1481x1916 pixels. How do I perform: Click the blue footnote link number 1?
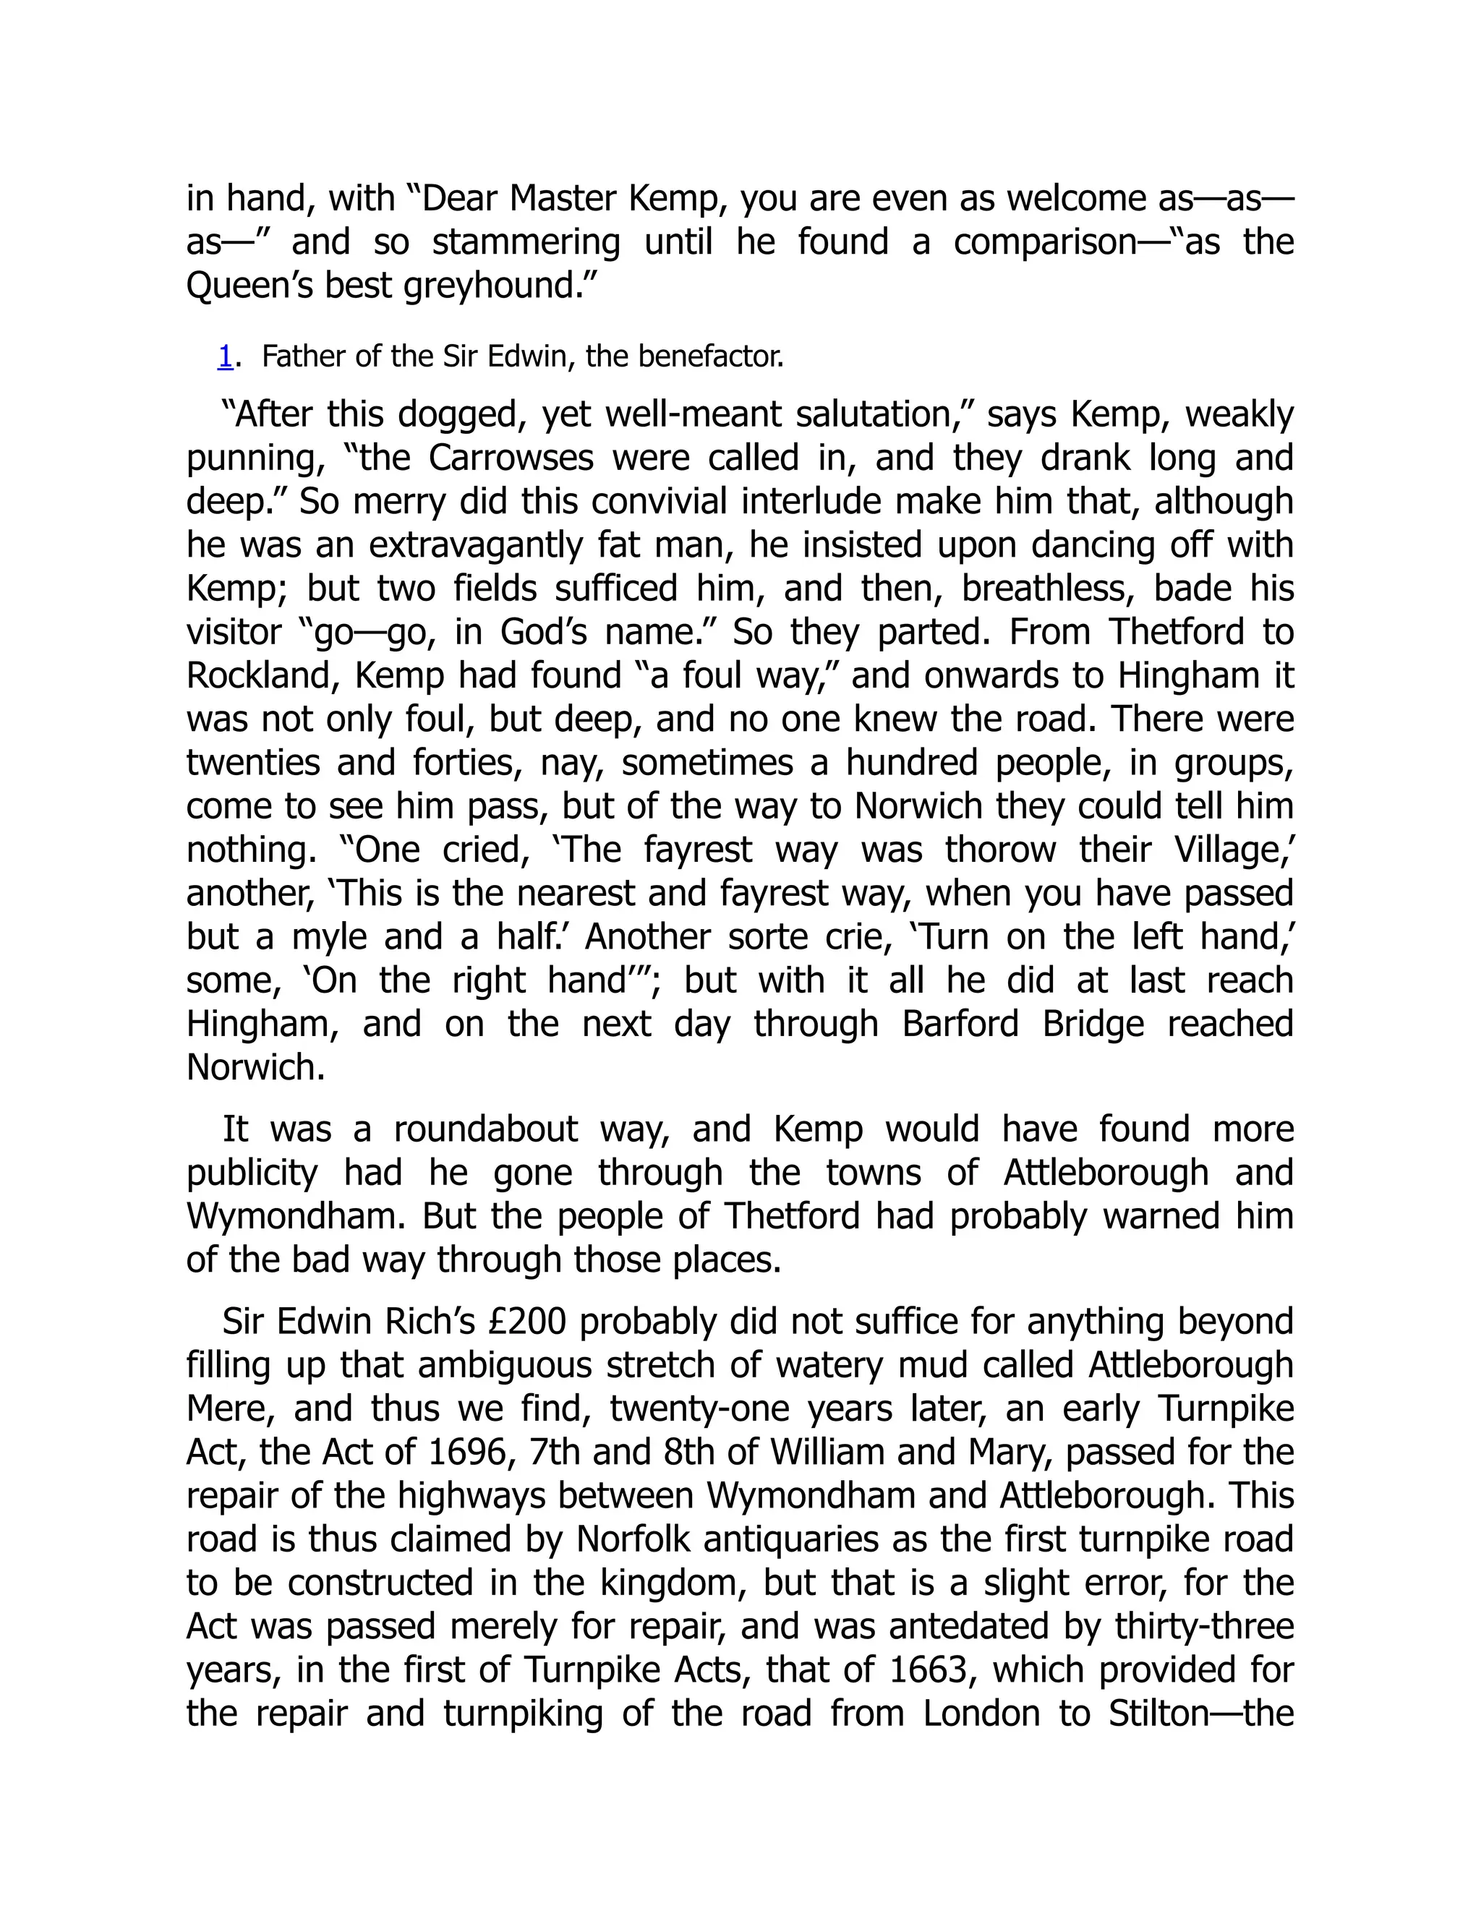click(226, 357)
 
